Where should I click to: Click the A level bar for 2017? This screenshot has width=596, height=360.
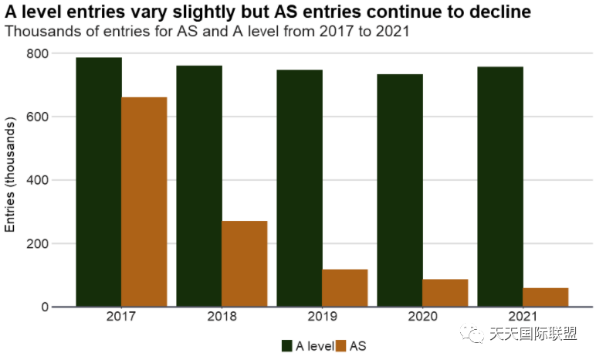click(99, 182)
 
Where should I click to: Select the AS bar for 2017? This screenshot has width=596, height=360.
click(144, 202)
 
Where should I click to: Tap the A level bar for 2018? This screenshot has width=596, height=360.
click(199, 185)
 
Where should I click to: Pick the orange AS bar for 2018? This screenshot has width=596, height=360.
click(245, 263)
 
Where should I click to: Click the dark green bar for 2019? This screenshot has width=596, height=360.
click(300, 188)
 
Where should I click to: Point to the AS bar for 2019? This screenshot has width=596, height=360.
click(345, 287)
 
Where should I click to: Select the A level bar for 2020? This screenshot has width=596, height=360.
click(400, 190)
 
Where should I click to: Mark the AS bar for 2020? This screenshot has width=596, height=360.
click(445, 293)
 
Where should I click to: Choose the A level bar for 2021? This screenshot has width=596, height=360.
click(500, 186)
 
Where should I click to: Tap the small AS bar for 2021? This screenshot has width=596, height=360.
click(546, 297)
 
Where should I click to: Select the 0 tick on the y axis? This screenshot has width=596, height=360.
click(45, 307)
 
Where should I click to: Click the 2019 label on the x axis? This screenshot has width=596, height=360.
click(322, 317)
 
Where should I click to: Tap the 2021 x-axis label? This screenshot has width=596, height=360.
click(523, 317)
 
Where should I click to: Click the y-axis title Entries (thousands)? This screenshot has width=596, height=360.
click(10, 175)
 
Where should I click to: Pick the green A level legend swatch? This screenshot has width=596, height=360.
click(287, 346)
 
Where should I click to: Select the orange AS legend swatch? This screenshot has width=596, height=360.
click(341, 346)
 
